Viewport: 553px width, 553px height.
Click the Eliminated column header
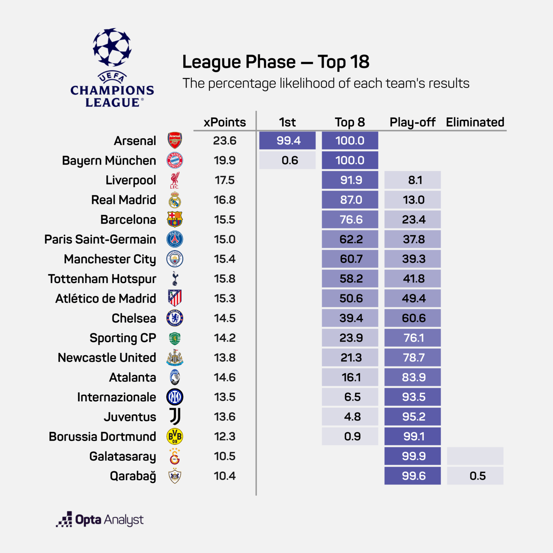[x=475, y=122]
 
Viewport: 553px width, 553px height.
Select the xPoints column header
[x=225, y=122]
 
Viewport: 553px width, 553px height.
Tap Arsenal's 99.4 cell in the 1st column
[x=288, y=140]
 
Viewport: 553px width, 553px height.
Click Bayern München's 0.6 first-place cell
[x=288, y=160]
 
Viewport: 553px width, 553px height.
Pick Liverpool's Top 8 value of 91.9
[x=350, y=180]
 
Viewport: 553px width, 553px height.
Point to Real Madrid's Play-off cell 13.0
[x=413, y=200]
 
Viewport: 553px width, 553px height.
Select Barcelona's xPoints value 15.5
[x=225, y=220]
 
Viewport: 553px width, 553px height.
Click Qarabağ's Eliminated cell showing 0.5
[x=475, y=476]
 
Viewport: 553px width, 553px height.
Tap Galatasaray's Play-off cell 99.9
[x=413, y=456]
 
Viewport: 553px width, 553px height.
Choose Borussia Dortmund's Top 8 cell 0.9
[x=350, y=436]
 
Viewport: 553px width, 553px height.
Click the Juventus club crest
[x=175, y=417]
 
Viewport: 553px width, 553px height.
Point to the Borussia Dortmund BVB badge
[x=175, y=436]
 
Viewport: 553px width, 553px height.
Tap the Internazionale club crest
[x=175, y=397]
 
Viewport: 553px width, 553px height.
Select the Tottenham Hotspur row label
[x=102, y=279]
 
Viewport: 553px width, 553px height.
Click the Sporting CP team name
[x=123, y=338]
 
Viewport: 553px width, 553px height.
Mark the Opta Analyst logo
[x=100, y=520]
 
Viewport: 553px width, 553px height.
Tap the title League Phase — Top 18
[x=276, y=62]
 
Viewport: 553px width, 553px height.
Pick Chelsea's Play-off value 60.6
[x=413, y=318]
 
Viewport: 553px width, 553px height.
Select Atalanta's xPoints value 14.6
[x=225, y=377]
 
